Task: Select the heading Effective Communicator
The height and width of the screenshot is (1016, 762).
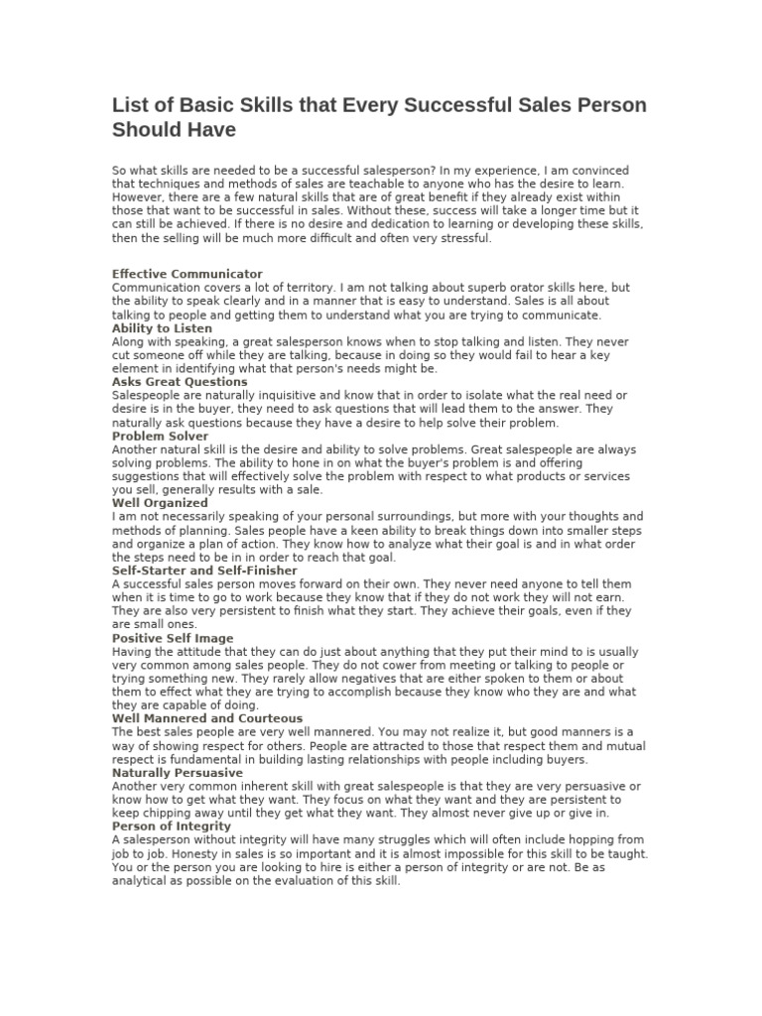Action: click(x=188, y=273)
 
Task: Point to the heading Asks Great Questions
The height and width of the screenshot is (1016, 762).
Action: click(x=180, y=381)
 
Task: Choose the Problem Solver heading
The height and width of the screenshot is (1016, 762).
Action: click(x=161, y=436)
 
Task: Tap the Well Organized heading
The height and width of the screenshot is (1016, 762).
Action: click(x=160, y=503)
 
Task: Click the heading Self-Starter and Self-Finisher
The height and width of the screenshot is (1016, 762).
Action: click(x=204, y=571)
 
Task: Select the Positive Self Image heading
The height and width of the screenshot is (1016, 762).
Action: click(x=174, y=638)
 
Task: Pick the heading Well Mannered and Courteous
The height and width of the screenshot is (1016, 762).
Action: click(x=207, y=718)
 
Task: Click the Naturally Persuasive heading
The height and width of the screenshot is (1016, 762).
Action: click(x=178, y=772)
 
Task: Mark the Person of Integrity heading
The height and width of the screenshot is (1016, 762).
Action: click(x=172, y=825)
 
